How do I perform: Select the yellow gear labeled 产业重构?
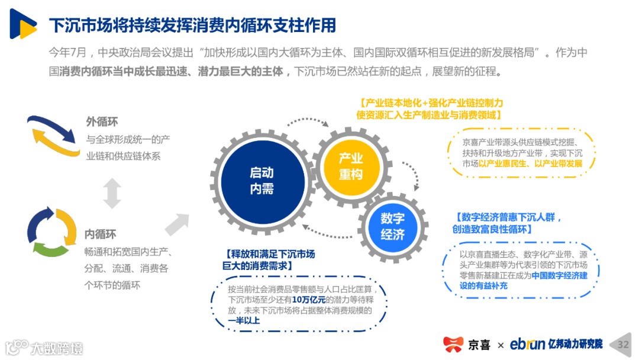350,166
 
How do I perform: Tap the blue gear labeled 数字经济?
392,226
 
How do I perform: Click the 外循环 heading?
102,121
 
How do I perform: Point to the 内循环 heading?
100,233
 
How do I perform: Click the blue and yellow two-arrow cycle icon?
53,137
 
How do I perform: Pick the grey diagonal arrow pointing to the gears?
177,224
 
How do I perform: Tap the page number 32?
623,345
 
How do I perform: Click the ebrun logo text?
527,344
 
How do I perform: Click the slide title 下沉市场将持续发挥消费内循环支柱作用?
192,25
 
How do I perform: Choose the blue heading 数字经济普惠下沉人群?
508,217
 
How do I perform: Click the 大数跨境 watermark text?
57,347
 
